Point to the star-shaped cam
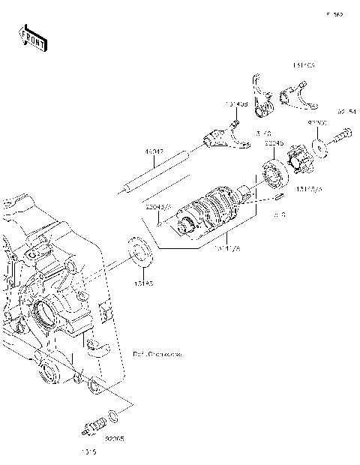300,162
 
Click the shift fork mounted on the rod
221,137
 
